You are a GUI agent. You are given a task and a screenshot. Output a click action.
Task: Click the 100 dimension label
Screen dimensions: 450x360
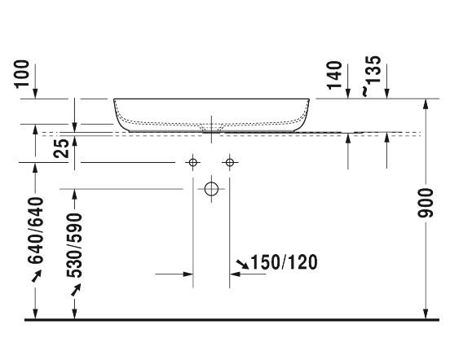pos(23,73)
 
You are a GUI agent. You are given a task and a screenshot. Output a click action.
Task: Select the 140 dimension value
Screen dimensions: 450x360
pos(335,75)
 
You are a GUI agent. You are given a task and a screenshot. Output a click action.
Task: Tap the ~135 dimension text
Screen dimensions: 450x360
pos(372,76)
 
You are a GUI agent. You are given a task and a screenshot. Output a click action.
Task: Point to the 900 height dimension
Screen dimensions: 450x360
pos(426,203)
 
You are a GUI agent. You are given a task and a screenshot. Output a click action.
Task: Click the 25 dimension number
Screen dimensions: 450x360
pos(61,148)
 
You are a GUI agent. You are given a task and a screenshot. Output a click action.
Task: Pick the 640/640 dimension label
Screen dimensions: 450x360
pos(36,230)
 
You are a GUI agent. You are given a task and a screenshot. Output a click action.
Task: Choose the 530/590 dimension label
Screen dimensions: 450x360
pos(74,245)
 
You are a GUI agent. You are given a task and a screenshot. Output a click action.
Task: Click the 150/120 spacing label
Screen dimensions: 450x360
pos(285,262)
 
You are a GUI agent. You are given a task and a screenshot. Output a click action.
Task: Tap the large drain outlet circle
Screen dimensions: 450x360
pos(211,189)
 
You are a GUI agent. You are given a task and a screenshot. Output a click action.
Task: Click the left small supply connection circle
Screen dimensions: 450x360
pos(193,163)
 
